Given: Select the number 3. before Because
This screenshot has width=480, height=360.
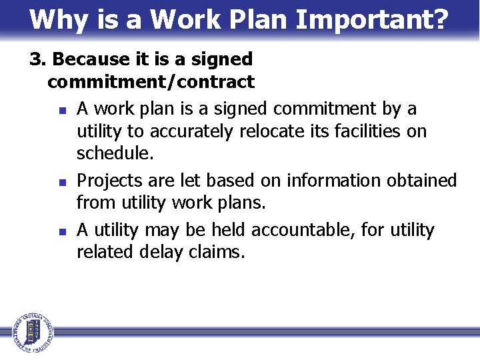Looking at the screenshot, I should pos(38,59).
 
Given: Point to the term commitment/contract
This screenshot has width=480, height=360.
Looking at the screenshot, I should pos(151,83).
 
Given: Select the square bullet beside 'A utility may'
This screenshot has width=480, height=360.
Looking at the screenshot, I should pos(61,231).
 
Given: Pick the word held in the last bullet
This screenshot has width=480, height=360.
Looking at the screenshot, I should pos(229,231).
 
